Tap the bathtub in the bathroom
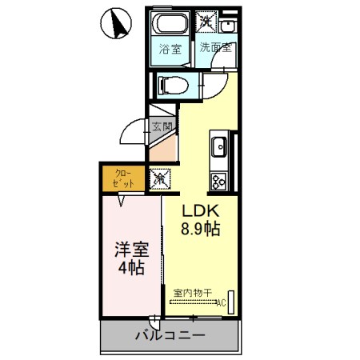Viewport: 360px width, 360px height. tap(169, 24)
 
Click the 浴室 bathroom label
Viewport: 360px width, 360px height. tap(169, 48)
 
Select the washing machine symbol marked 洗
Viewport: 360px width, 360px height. tap(207, 22)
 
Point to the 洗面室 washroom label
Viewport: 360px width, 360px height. tap(216, 47)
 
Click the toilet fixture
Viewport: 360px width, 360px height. tap(172, 84)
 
